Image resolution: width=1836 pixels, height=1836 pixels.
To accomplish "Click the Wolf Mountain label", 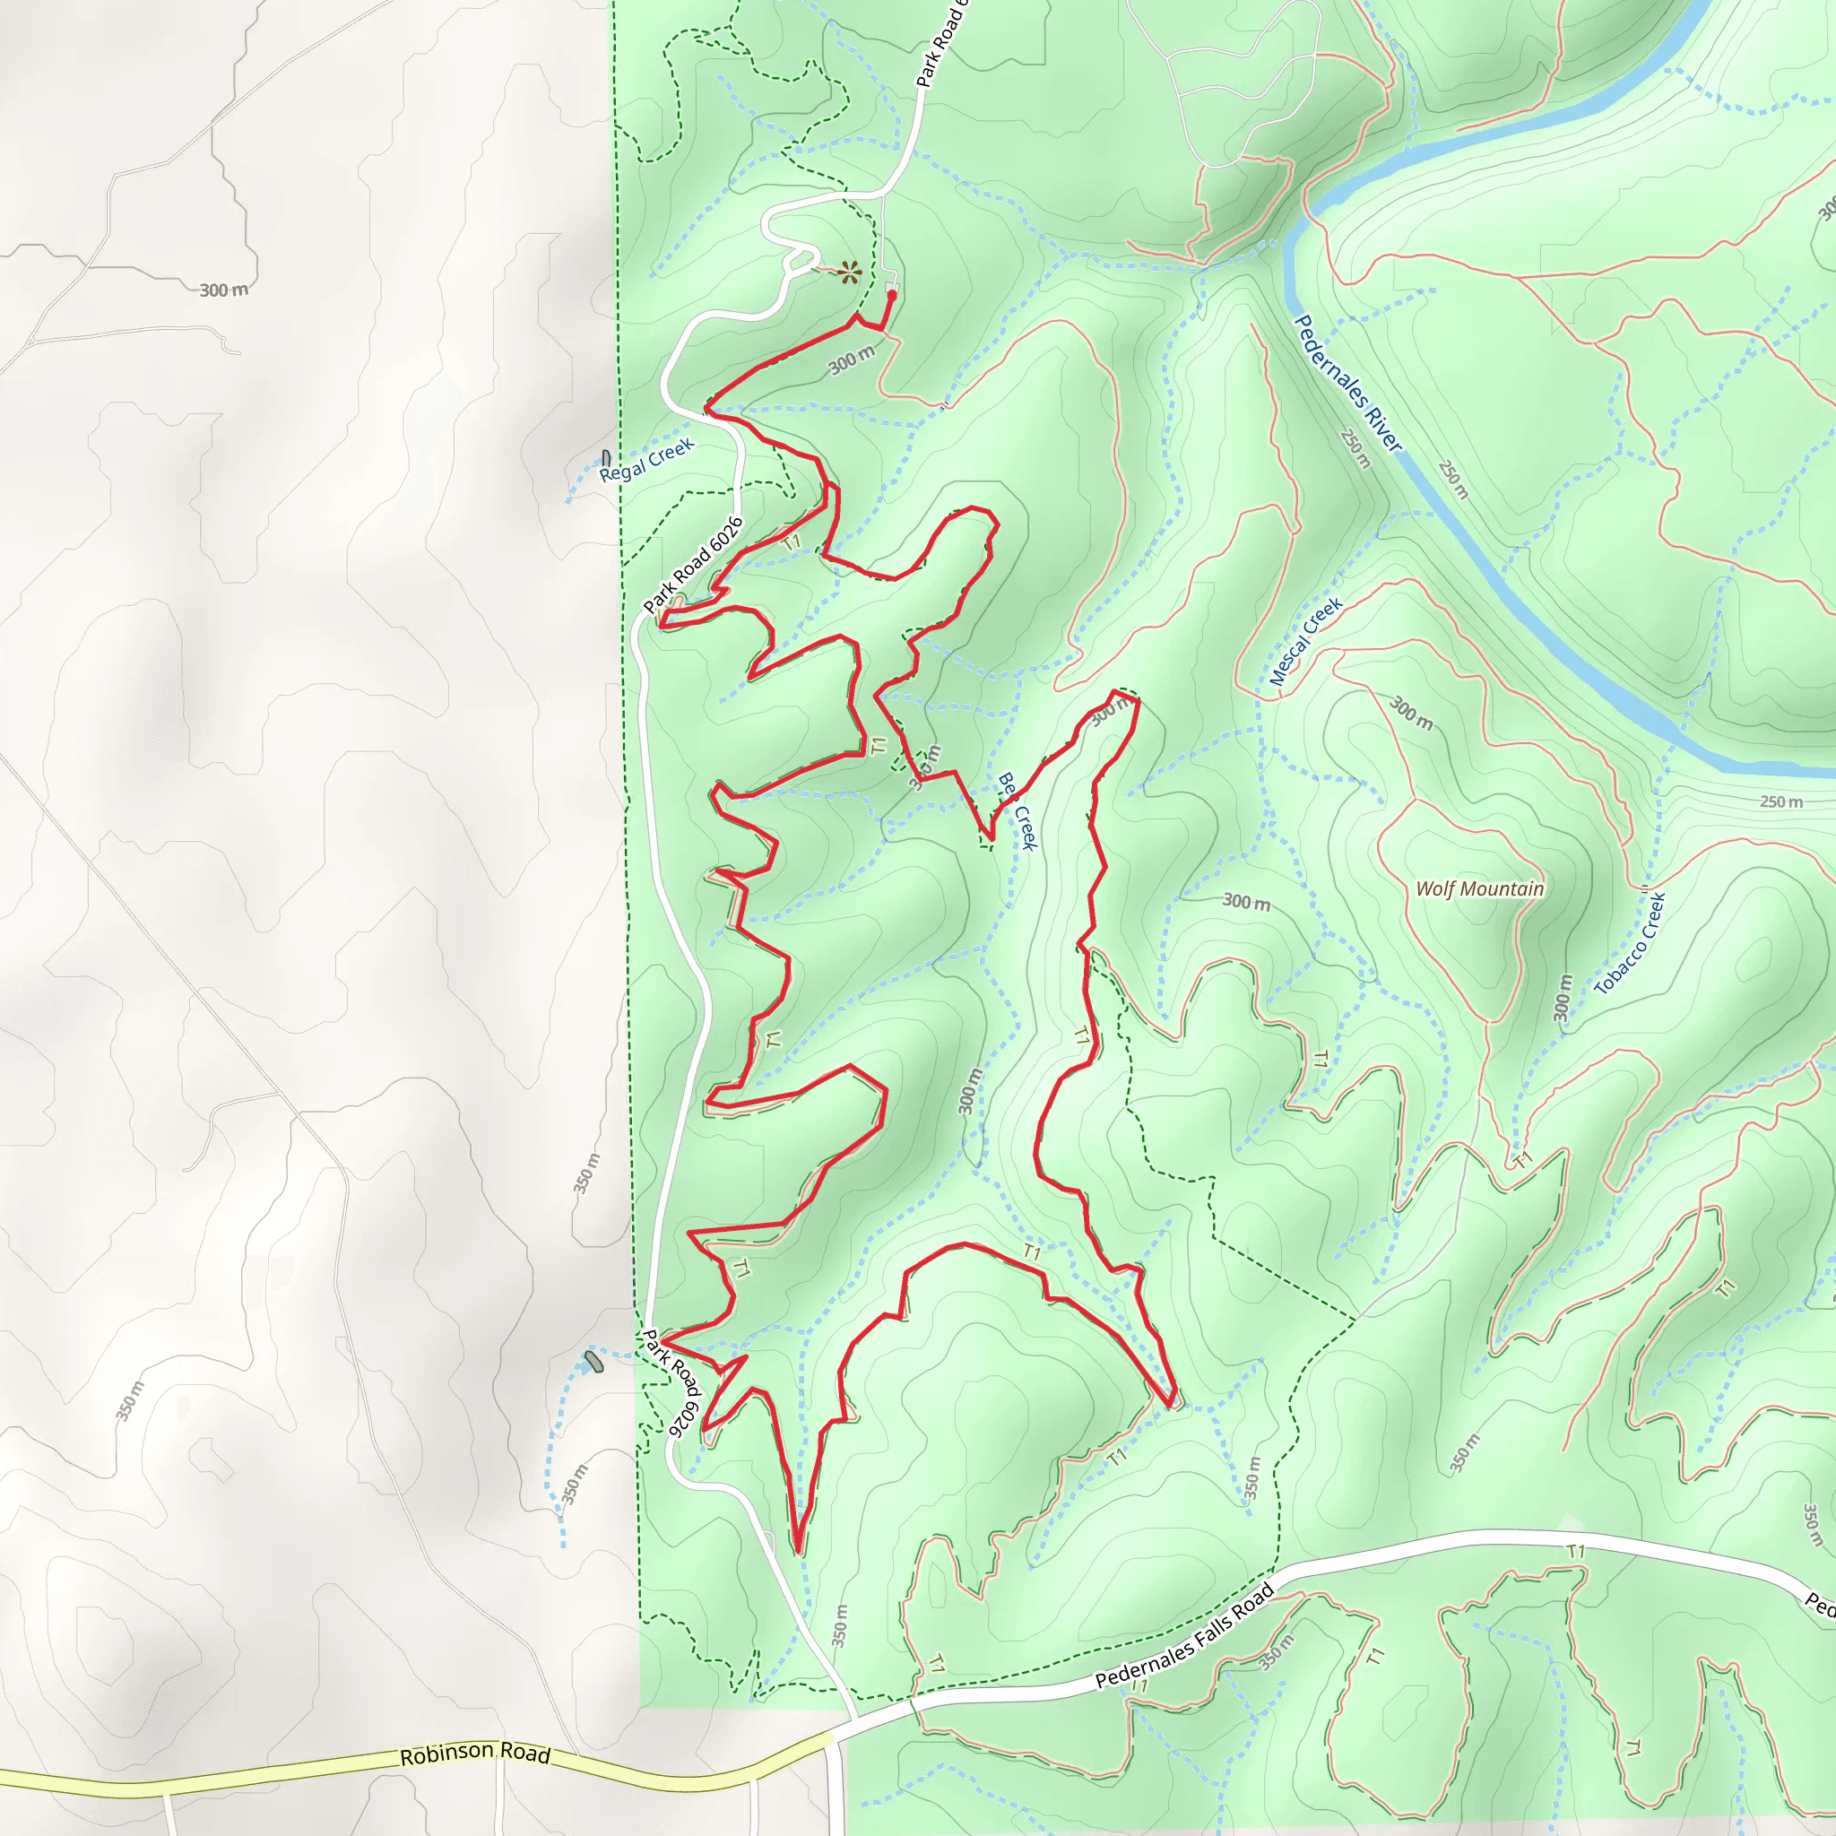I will point(1479,888).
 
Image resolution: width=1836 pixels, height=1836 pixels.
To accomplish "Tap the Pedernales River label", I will point(1347,383).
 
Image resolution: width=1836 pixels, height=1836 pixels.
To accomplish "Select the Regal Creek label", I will point(647,460).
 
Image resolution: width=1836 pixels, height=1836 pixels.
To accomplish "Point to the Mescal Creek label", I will point(1307,642).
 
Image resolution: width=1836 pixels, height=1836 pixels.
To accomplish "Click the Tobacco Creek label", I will point(1630,944).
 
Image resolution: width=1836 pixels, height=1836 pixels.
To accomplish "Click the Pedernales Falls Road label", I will point(1184,1636).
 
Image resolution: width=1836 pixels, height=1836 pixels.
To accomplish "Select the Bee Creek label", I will point(1018,810).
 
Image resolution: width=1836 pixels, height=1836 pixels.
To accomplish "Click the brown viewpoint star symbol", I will point(851,273).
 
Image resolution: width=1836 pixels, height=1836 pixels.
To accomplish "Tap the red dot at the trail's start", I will point(891,296).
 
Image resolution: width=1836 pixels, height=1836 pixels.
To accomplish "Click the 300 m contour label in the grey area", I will point(224,290).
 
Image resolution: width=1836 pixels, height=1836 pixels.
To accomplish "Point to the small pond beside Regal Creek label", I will point(606,458).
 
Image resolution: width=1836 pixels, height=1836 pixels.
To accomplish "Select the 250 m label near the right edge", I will point(1781,801).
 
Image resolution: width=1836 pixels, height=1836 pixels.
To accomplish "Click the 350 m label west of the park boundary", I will point(587,1173).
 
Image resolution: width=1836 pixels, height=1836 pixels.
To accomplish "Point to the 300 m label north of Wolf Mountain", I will point(1411,713).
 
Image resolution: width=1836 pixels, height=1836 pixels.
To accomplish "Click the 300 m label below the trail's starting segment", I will point(852,360).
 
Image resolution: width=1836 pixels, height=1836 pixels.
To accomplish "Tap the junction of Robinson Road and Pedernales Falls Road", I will point(835,1738).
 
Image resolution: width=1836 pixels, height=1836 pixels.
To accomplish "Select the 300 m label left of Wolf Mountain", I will point(1246,902).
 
